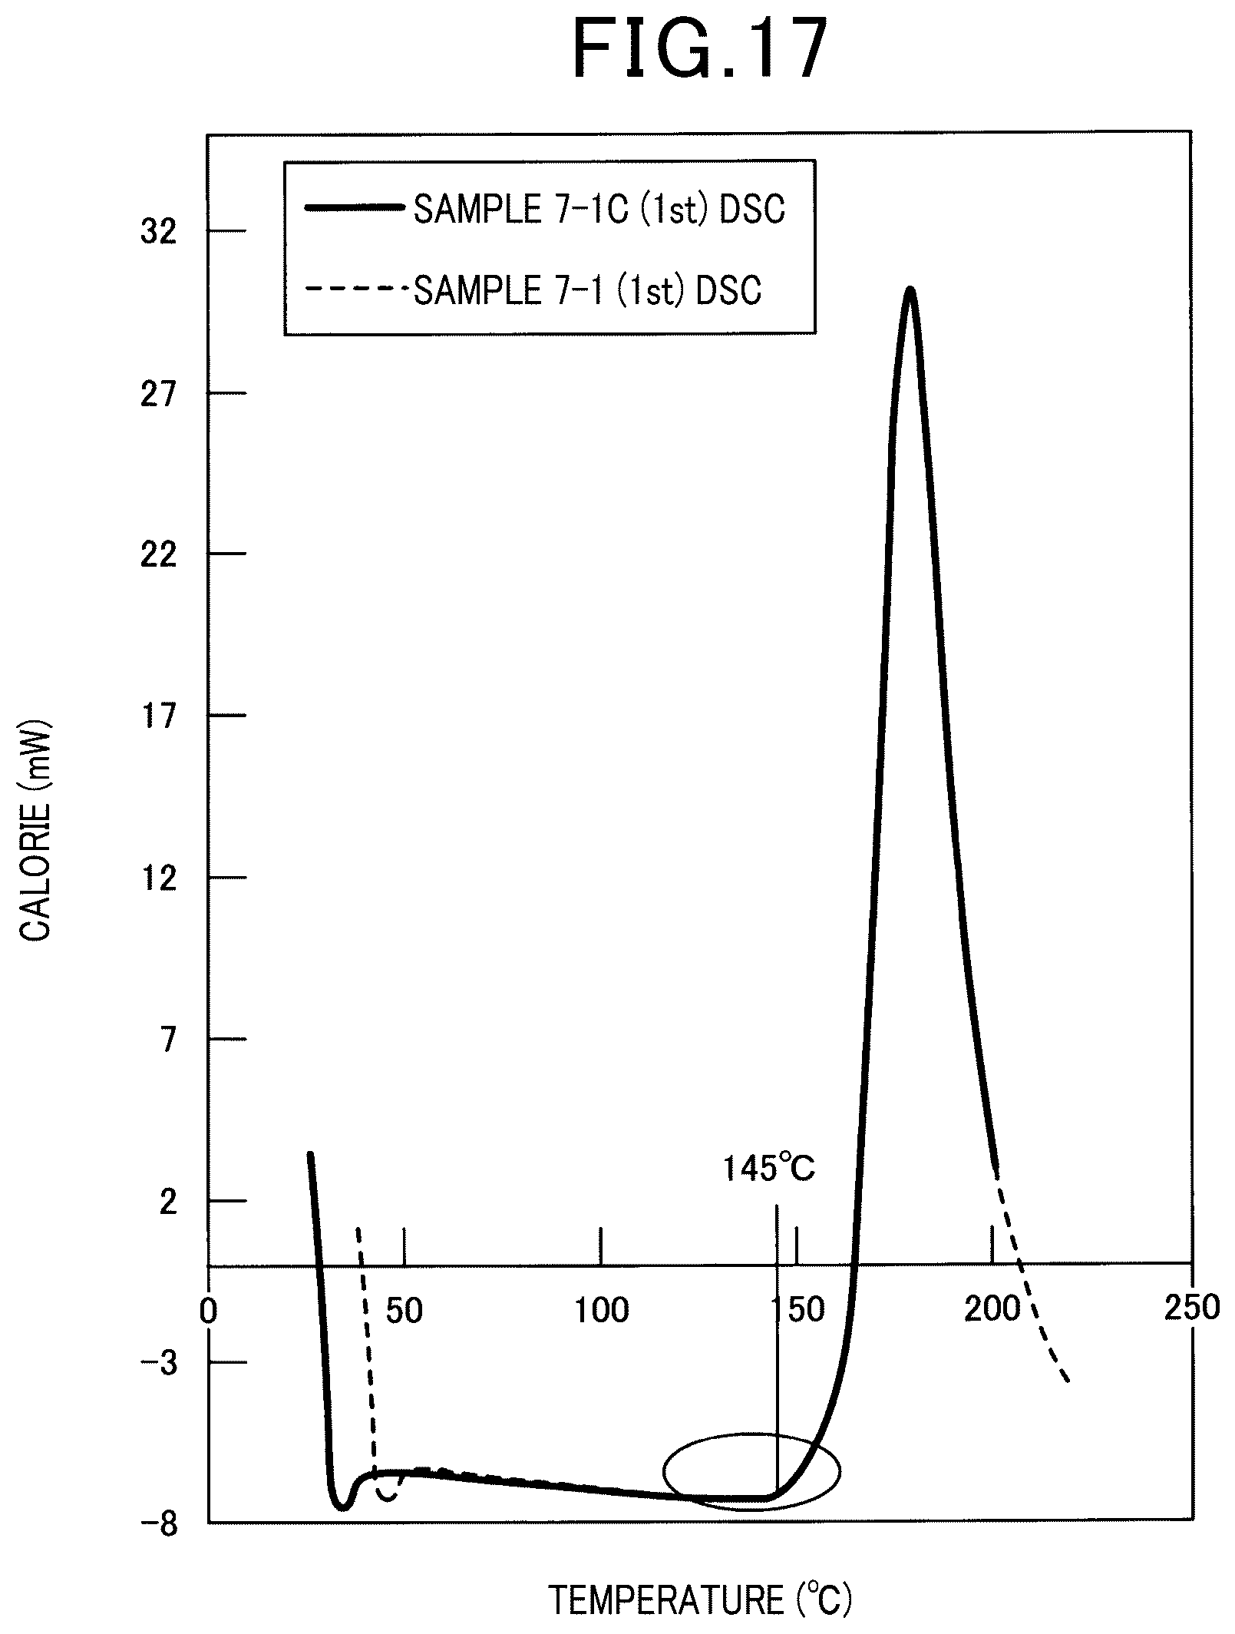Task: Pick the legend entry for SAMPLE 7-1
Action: click(x=533, y=290)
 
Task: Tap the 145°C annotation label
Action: click(x=768, y=1169)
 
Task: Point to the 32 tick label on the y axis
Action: click(x=158, y=232)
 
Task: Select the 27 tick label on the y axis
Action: click(x=158, y=394)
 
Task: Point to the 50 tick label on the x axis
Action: click(x=404, y=1311)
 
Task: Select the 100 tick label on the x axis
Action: click(x=602, y=1311)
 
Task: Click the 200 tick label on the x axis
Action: click(x=991, y=1310)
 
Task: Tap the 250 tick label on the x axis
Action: click(x=1191, y=1307)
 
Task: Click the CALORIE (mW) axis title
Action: click(x=35, y=836)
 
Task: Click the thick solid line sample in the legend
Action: click(x=354, y=207)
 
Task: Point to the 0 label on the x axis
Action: click(x=208, y=1311)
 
